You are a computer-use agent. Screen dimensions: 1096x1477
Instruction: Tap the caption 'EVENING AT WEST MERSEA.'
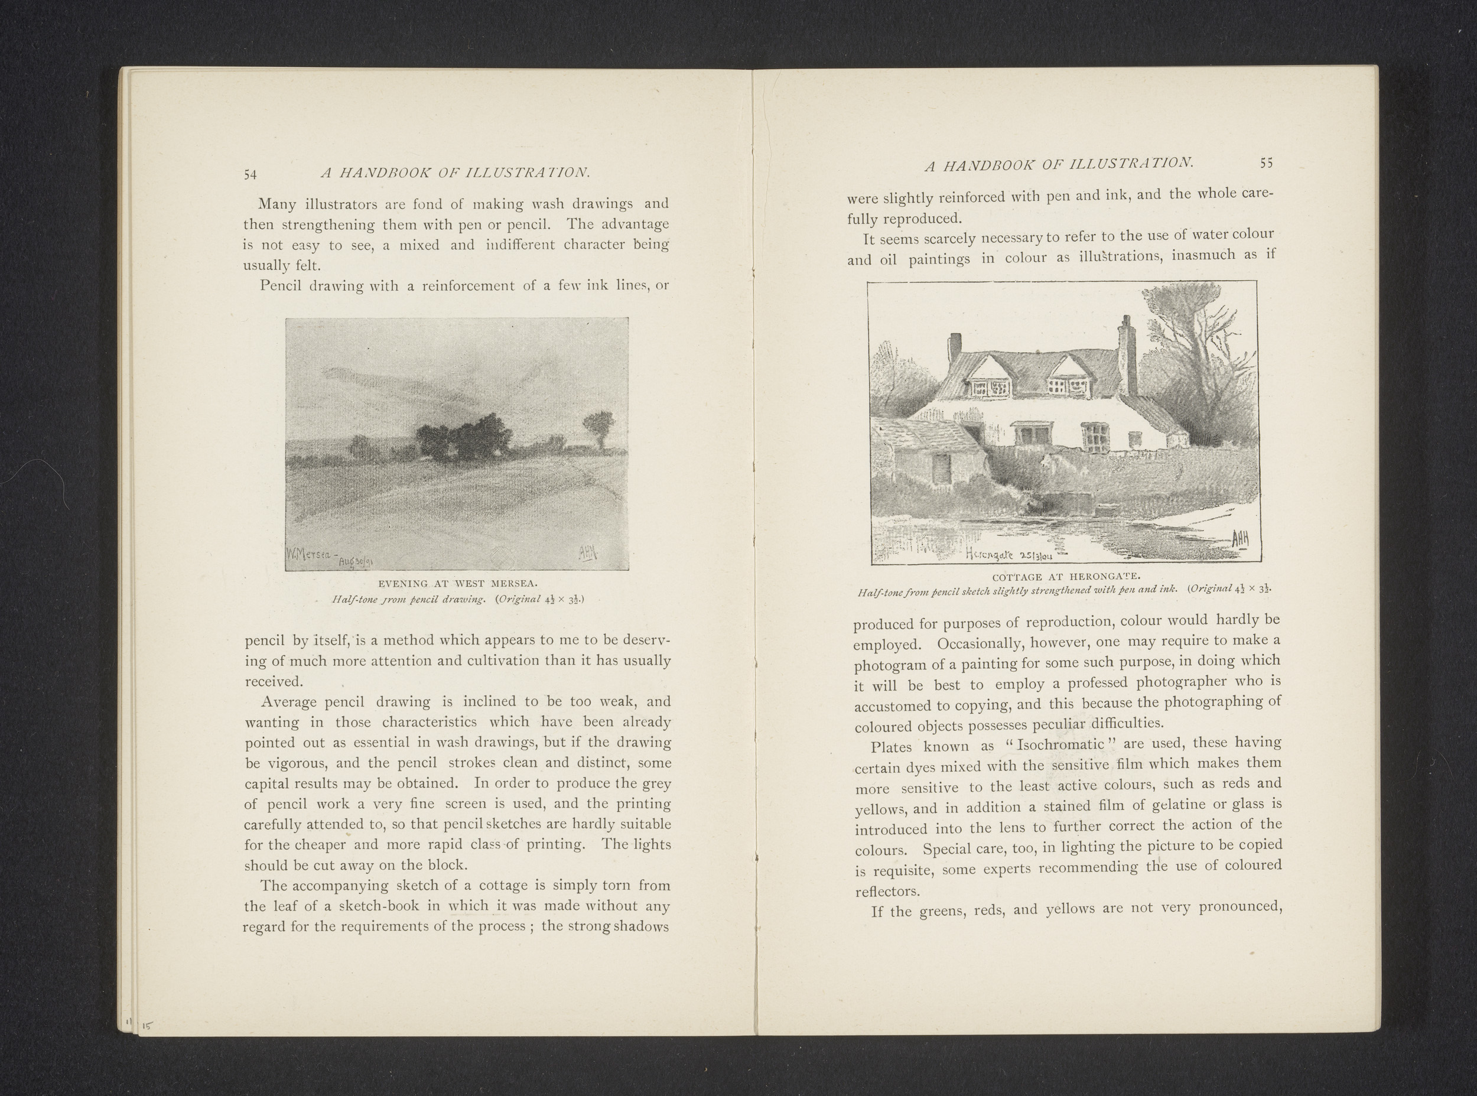[x=458, y=584]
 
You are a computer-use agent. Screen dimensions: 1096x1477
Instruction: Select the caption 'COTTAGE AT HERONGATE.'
[x=1065, y=576]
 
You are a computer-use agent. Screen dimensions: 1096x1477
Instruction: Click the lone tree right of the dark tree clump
[x=598, y=428]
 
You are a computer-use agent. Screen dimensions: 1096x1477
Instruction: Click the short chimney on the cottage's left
[x=955, y=346]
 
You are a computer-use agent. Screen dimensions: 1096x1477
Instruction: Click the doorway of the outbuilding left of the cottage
[x=942, y=470]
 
